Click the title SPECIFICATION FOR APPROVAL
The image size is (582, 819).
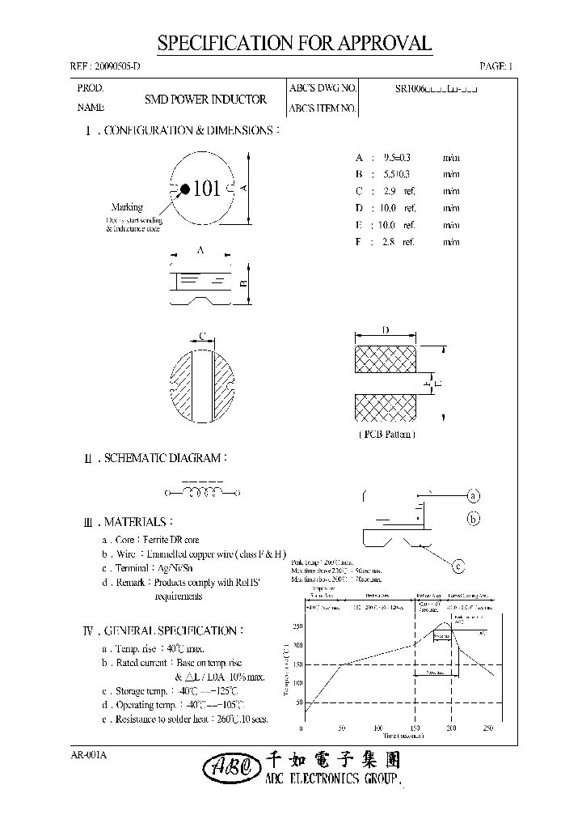coord(294,44)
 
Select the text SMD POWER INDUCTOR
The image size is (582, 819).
coord(205,100)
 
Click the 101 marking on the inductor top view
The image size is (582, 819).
coord(207,189)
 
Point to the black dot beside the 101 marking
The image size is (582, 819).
coord(185,189)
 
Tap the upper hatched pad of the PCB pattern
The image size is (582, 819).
coord(385,356)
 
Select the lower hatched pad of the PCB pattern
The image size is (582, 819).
coord(385,408)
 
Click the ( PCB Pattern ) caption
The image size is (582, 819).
coord(386,435)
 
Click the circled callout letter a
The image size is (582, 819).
coord(474,495)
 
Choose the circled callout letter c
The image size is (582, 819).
coord(458,567)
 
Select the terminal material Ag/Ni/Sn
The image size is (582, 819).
coord(184,568)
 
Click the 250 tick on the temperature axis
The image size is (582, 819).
coord(297,626)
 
